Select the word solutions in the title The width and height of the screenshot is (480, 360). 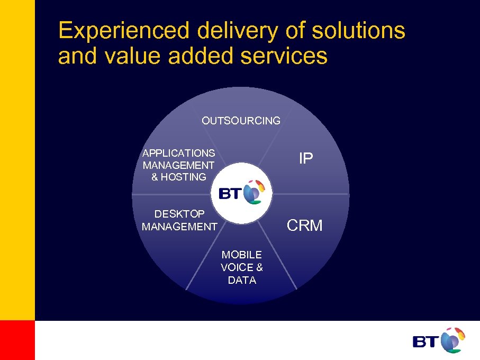(358, 30)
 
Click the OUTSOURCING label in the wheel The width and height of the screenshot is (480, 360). (241, 121)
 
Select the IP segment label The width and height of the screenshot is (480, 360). (305, 158)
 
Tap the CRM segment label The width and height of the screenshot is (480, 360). (304, 226)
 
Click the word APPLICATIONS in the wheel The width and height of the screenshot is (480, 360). (178, 153)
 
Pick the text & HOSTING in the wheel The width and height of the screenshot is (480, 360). (178, 177)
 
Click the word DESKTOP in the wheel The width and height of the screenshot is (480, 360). (179, 214)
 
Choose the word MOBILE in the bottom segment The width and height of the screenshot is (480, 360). (241, 255)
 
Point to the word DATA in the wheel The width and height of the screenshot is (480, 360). (242, 280)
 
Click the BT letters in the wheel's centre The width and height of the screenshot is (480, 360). (230, 194)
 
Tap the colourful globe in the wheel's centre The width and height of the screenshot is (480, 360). (253, 192)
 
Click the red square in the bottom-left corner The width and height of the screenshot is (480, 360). (17, 340)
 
